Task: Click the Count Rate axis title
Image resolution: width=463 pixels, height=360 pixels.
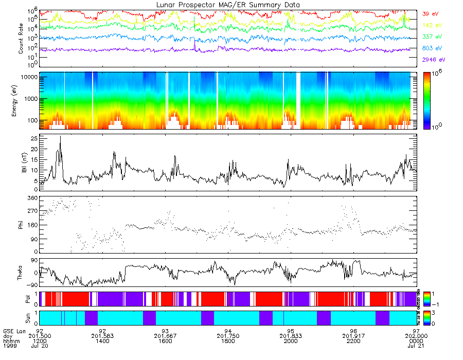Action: [21, 39]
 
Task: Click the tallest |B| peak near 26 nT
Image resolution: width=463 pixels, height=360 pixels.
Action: [61, 136]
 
